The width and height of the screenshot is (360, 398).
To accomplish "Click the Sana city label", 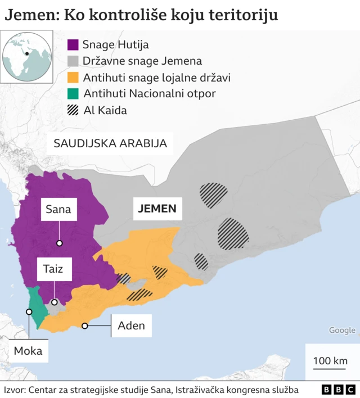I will click(x=58, y=210).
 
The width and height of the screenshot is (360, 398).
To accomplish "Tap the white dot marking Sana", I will click(x=59, y=243).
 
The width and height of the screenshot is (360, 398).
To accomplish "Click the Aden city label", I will click(x=131, y=325).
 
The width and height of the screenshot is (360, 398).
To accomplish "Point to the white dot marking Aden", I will click(x=85, y=325).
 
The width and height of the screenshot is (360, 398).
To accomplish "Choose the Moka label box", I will click(x=28, y=352).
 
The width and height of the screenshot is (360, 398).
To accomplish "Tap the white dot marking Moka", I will click(x=29, y=311).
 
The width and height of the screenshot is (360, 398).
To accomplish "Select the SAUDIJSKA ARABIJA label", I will click(x=110, y=143).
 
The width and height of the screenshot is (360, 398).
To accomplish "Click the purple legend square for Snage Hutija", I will click(x=73, y=45).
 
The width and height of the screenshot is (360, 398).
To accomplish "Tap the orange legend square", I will click(x=73, y=78).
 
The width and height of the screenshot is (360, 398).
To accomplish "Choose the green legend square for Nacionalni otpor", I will click(x=73, y=94).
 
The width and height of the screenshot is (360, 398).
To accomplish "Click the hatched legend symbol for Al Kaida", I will click(x=73, y=110).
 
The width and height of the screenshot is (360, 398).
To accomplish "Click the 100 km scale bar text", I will click(x=330, y=360).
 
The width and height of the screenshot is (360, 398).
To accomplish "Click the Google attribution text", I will click(x=342, y=331).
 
